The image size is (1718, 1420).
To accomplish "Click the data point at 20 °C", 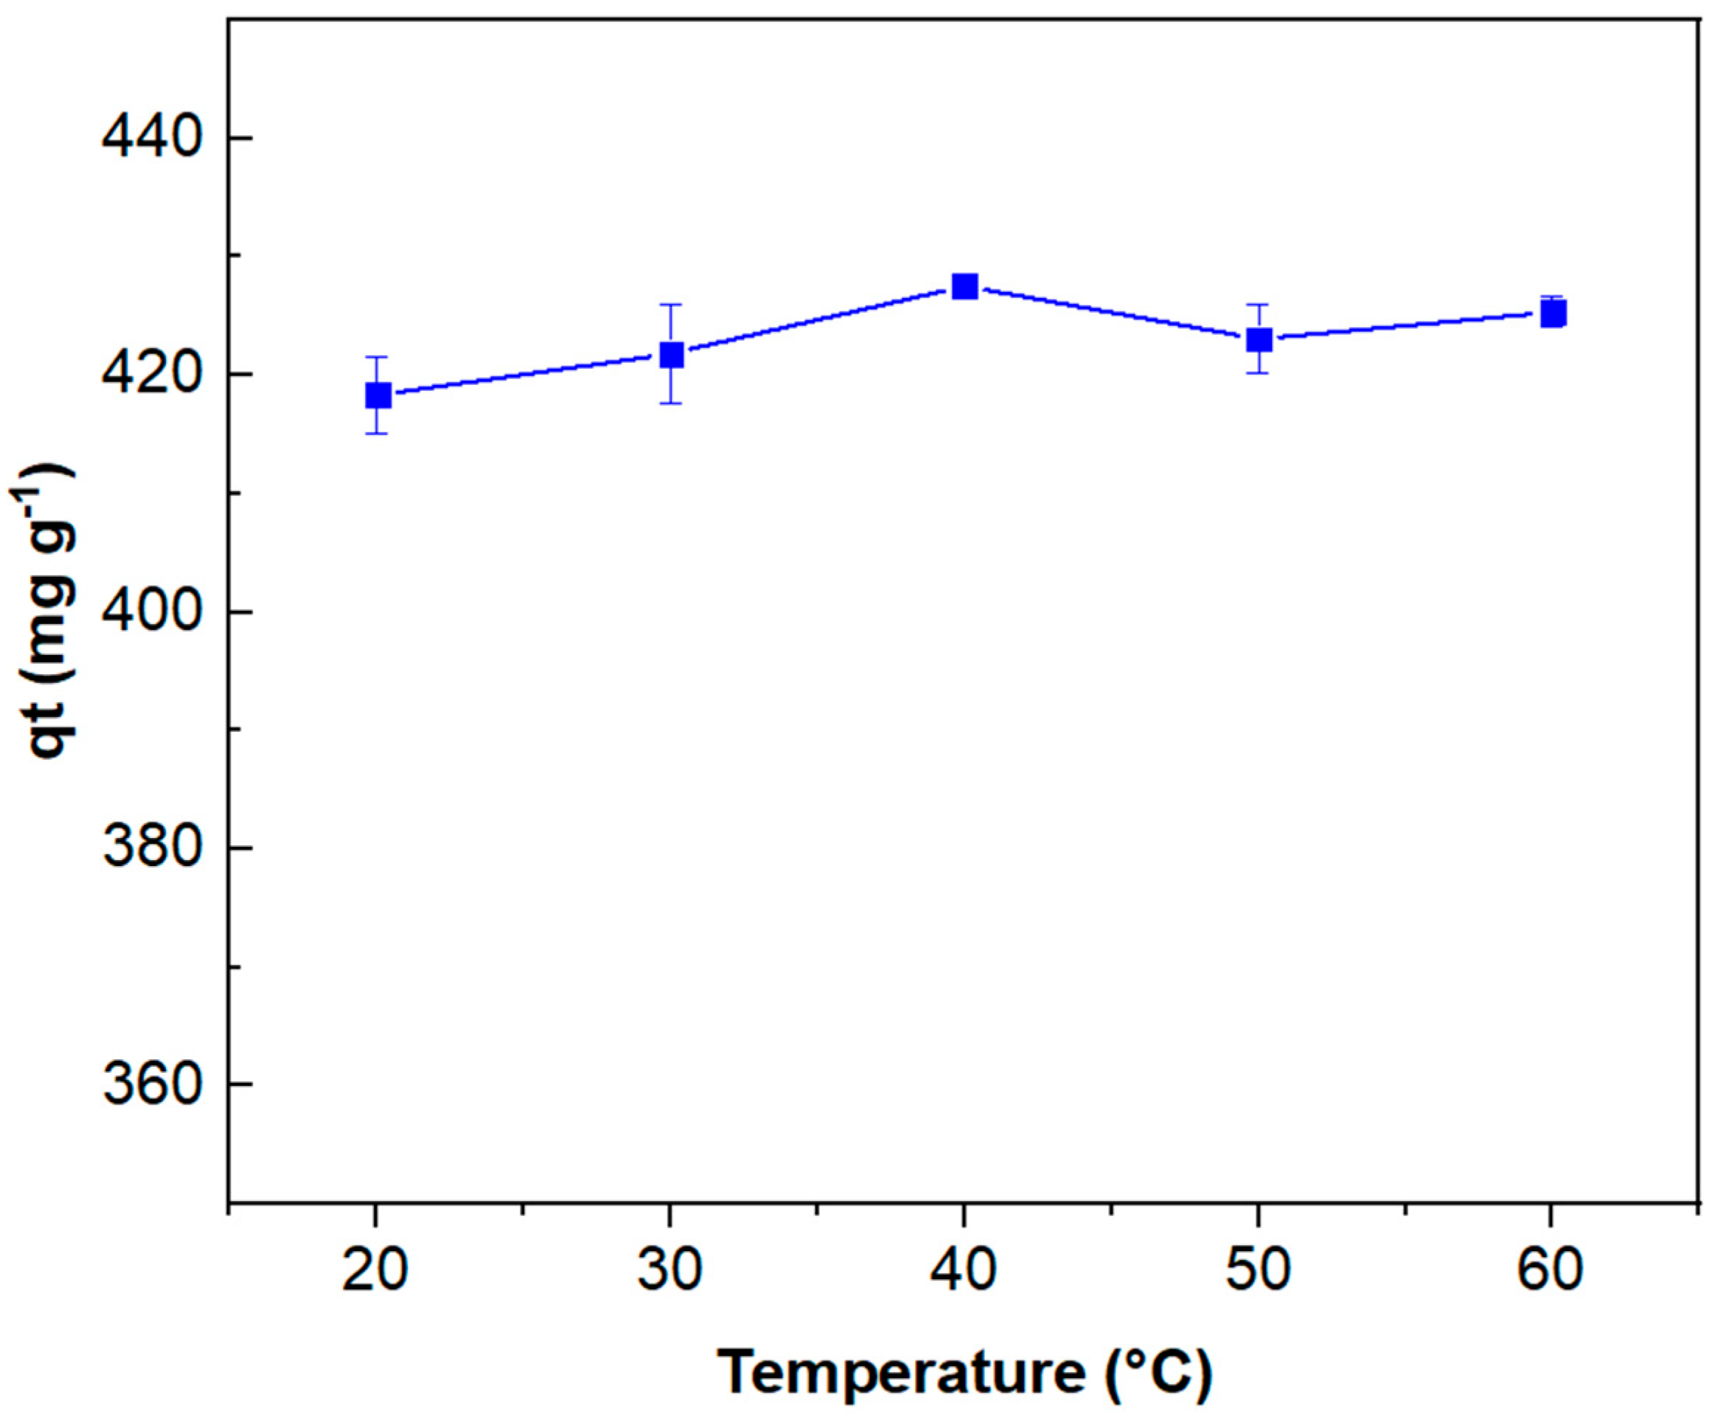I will pyautogui.click(x=377, y=395).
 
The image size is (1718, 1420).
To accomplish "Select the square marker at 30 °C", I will pyautogui.click(x=671, y=354).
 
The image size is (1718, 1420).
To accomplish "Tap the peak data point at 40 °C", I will pyautogui.click(x=965, y=286).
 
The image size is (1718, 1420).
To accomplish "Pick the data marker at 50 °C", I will pyautogui.click(x=1259, y=339).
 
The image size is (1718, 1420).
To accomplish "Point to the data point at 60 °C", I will pyautogui.click(x=1553, y=314).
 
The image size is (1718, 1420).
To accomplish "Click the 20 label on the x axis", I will pyautogui.click(x=375, y=1270).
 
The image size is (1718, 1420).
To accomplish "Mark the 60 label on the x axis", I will pyautogui.click(x=1551, y=1270).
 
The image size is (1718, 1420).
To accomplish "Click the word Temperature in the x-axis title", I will pyautogui.click(x=900, y=1373).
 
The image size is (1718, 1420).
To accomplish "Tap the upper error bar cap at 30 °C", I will pyautogui.click(x=671, y=304).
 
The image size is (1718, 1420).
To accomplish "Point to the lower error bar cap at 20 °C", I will pyautogui.click(x=377, y=433).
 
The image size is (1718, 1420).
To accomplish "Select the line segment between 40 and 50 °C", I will pyautogui.click(x=1112, y=313).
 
